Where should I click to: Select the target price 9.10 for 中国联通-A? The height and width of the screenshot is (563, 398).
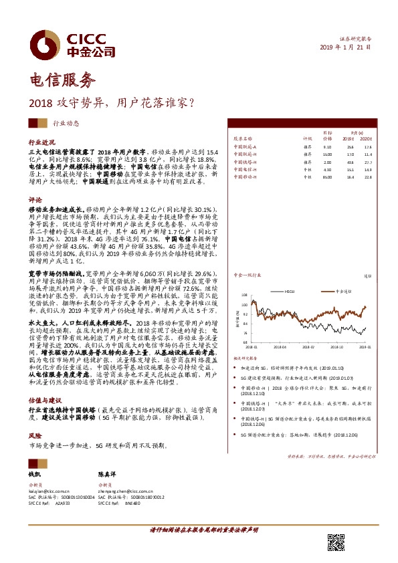(327, 146)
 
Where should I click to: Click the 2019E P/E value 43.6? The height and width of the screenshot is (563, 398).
(351, 162)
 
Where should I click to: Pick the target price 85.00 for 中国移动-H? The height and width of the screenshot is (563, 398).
(327, 177)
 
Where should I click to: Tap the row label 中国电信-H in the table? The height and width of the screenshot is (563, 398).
(245, 170)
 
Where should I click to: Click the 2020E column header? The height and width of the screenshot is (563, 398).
(367, 138)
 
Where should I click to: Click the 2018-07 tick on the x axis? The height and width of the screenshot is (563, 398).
(308, 347)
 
